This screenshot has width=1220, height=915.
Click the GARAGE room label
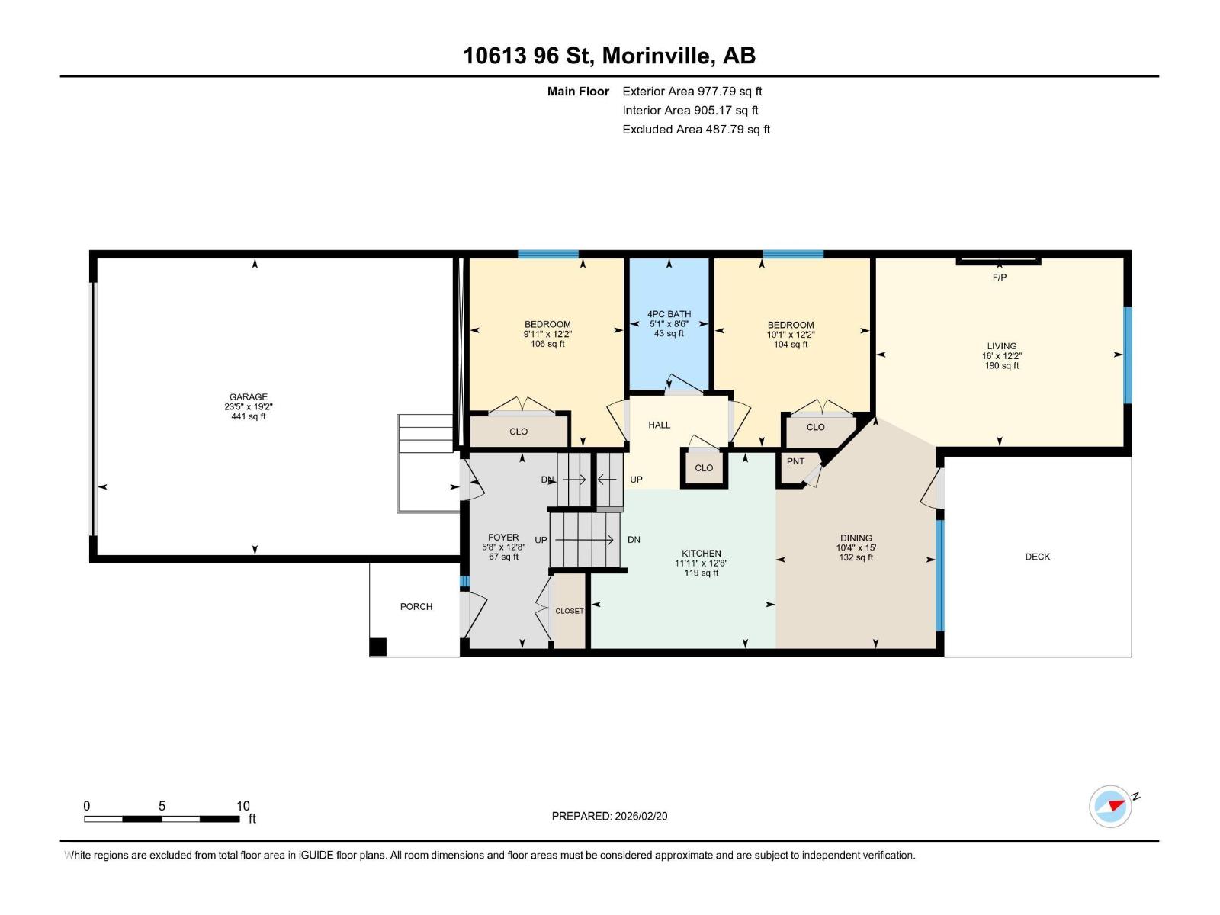[x=249, y=396]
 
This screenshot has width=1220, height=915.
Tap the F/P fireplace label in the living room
[x=1000, y=278]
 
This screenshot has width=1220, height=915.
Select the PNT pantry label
[x=795, y=461]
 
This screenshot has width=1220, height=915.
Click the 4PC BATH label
[x=669, y=314]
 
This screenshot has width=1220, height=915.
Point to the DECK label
[x=1038, y=557]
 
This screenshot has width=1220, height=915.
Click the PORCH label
[x=416, y=607]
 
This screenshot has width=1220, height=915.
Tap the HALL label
[x=660, y=425]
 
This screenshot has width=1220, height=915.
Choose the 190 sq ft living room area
[x=1002, y=365]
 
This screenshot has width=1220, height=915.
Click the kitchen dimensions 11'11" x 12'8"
[x=701, y=563]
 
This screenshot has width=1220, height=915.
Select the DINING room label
[x=856, y=538]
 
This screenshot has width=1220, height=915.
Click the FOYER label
[x=503, y=538]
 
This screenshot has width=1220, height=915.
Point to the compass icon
[x=1110, y=807]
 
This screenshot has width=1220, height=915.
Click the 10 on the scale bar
[x=243, y=805]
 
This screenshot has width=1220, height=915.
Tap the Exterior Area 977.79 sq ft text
[x=692, y=91]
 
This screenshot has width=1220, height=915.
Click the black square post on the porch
[x=378, y=647]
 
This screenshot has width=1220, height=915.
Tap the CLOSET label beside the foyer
[x=570, y=611]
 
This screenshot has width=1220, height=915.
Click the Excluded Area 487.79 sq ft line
[x=696, y=130]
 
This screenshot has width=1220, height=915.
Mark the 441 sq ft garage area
[x=249, y=416]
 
